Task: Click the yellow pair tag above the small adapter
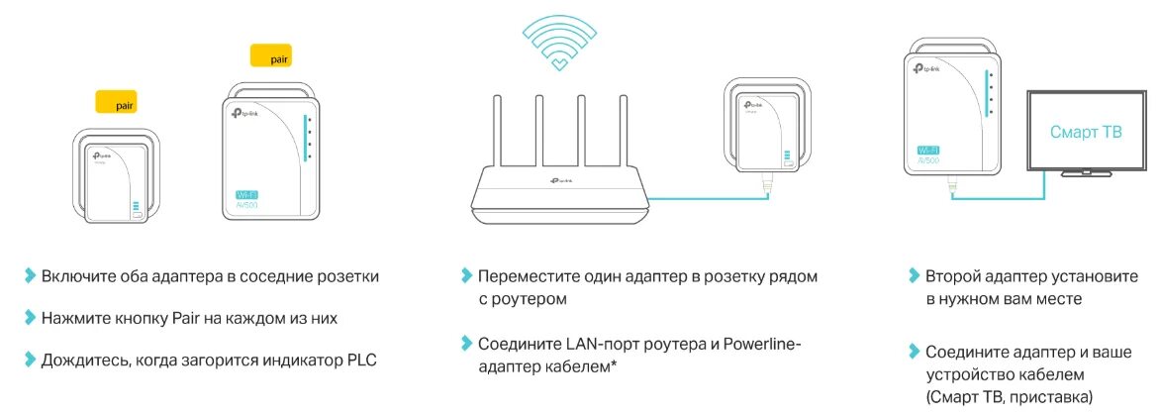[115, 101]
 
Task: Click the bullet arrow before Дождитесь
[30, 360]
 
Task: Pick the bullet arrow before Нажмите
[30, 319]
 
